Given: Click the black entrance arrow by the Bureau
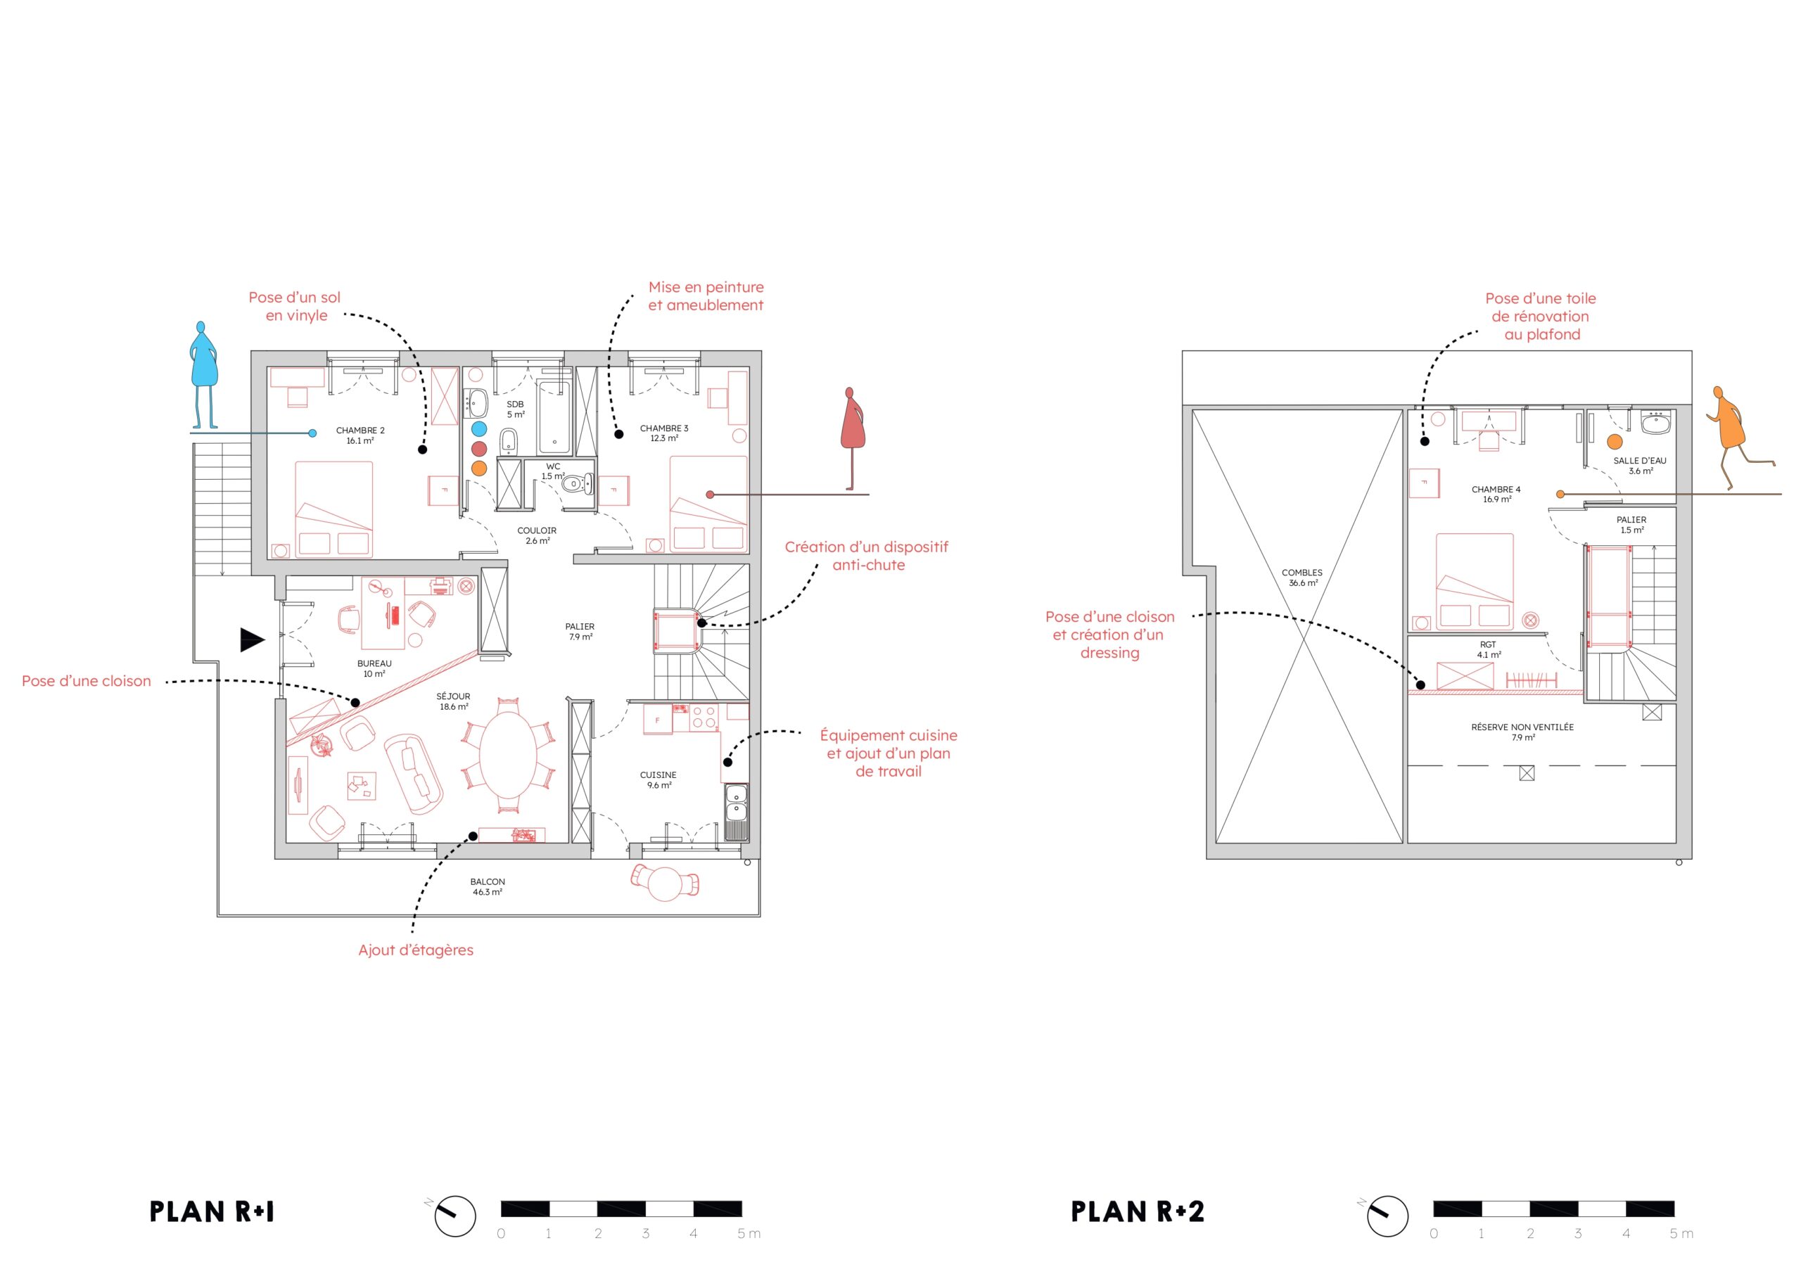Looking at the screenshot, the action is pos(252,640).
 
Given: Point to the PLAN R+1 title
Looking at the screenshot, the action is pos(212,1212).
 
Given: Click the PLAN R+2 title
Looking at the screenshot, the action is pos(1138,1212).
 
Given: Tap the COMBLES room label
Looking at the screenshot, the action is pos(1302,578).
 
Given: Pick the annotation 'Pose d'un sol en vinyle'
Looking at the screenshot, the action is pos(295,306).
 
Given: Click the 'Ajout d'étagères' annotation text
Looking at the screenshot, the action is pos(416,950).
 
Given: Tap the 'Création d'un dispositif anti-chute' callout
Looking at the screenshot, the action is pos(867,556).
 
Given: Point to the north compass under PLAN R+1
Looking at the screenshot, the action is pos(454,1216).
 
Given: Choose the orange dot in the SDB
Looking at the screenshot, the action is pos(479,469).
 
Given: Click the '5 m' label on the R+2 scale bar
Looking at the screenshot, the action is pos(1681,1234).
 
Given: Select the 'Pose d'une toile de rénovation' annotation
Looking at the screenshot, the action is pos(1541,316).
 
